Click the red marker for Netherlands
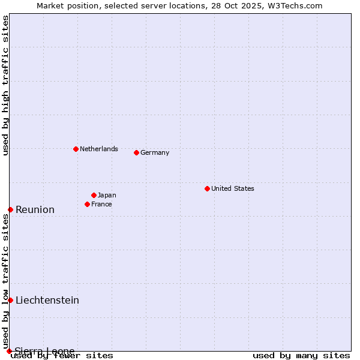(x=76, y=149)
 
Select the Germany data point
(x=136, y=152)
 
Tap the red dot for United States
(x=207, y=188)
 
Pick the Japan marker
(x=94, y=195)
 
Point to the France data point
(x=87, y=204)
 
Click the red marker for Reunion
(x=10, y=209)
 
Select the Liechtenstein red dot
(x=10, y=300)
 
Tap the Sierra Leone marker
(x=9, y=351)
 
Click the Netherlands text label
(x=99, y=149)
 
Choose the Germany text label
(x=155, y=152)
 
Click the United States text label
(x=233, y=188)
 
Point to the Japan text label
(x=107, y=195)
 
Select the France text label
(x=101, y=204)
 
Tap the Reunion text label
(x=35, y=209)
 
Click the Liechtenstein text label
(x=47, y=300)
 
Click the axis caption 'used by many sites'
(x=301, y=355)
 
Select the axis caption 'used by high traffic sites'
(x=5, y=85)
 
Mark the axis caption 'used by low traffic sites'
(x=5, y=281)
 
